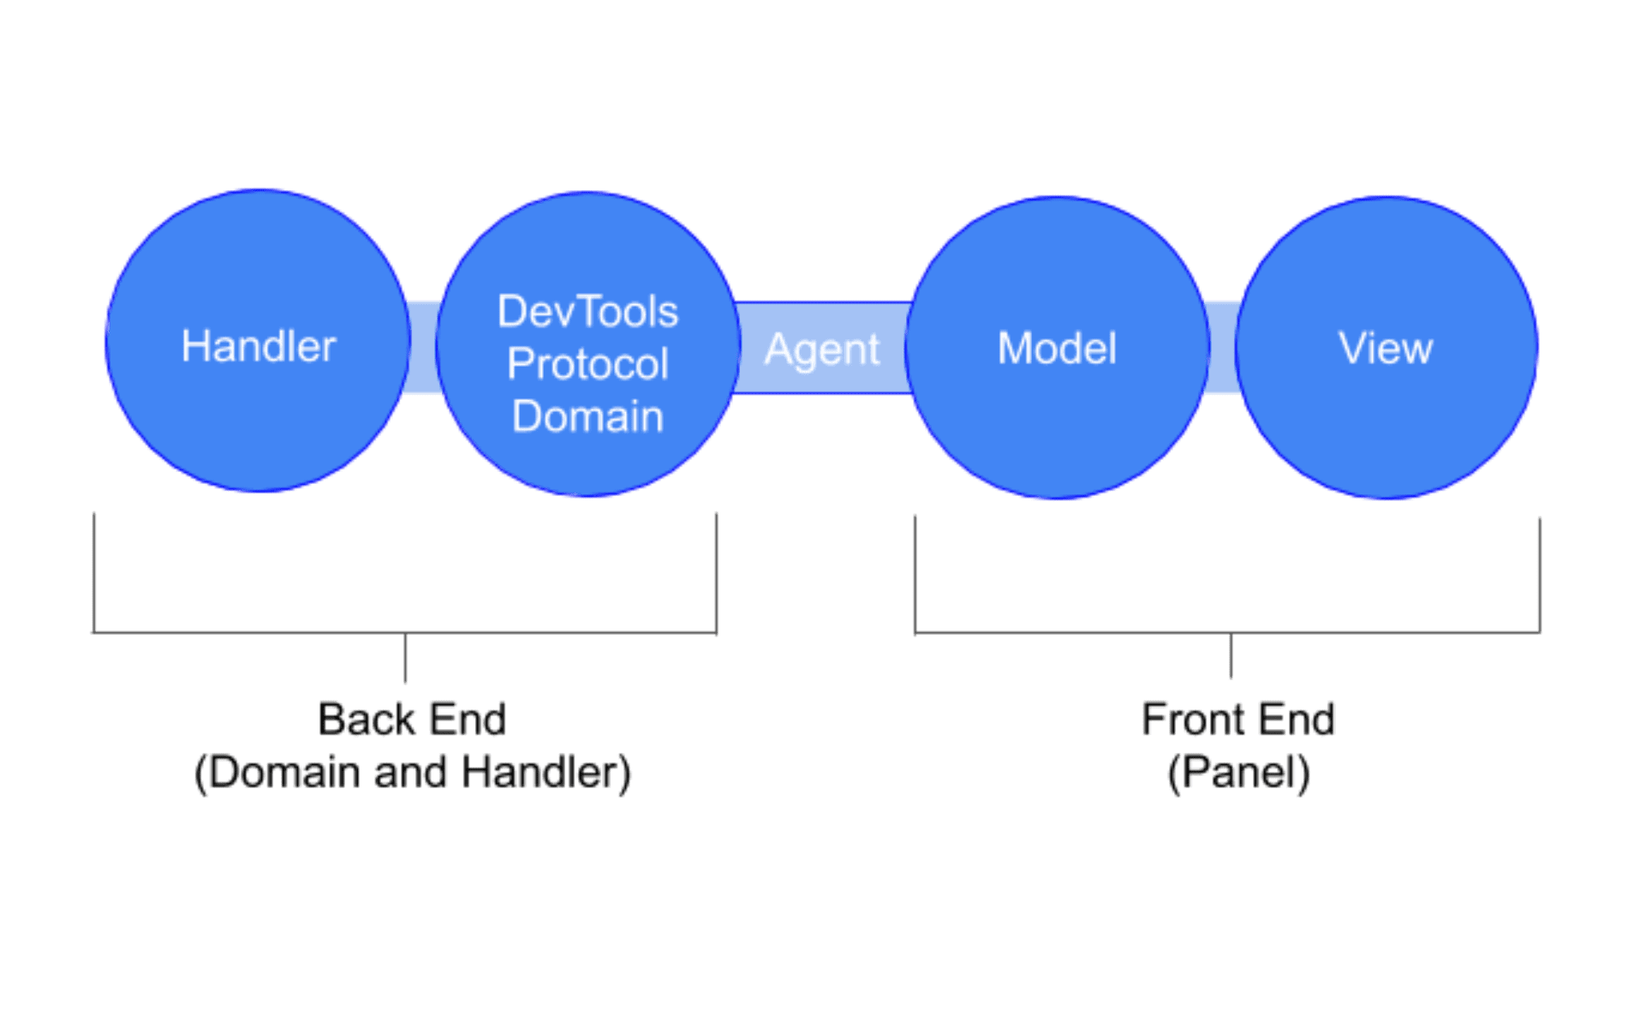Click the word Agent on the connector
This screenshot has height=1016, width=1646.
pos(822,349)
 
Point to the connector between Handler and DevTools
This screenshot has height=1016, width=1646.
pos(423,348)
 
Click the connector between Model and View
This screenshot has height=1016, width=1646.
pos(1222,348)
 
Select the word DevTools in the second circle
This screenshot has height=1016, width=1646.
pos(587,311)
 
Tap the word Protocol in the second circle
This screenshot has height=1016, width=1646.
pos(587,364)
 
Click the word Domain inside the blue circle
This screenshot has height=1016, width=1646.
pos(587,417)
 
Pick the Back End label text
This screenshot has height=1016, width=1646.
pos(412,719)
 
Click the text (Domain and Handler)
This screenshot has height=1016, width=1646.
pos(412,773)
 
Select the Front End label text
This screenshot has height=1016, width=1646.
pos(1238,719)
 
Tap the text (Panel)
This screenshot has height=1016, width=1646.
pos(1238,773)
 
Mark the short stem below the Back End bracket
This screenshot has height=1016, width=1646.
pos(404,658)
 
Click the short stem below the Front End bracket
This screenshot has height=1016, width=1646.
pos(1231,656)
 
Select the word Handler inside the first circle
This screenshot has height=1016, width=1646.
pos(259,346)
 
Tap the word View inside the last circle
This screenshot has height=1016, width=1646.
pos(1386,348)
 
